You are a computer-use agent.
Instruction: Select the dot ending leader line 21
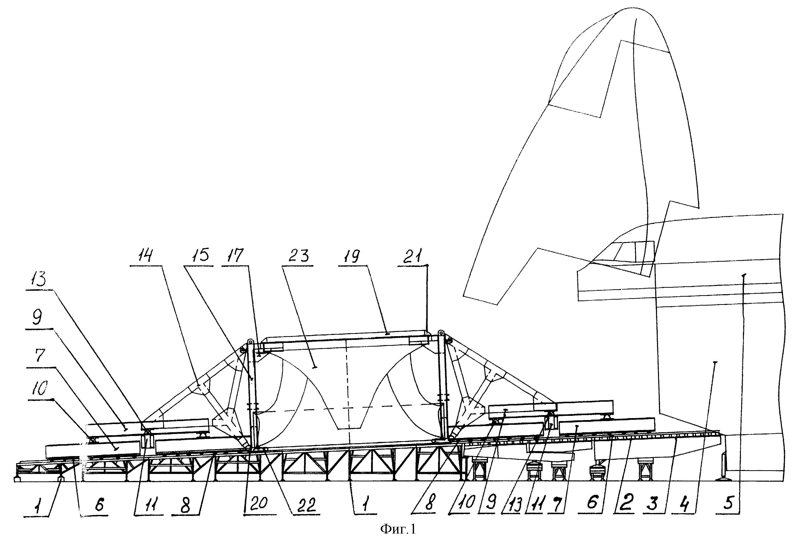click(x=427, y=265)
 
